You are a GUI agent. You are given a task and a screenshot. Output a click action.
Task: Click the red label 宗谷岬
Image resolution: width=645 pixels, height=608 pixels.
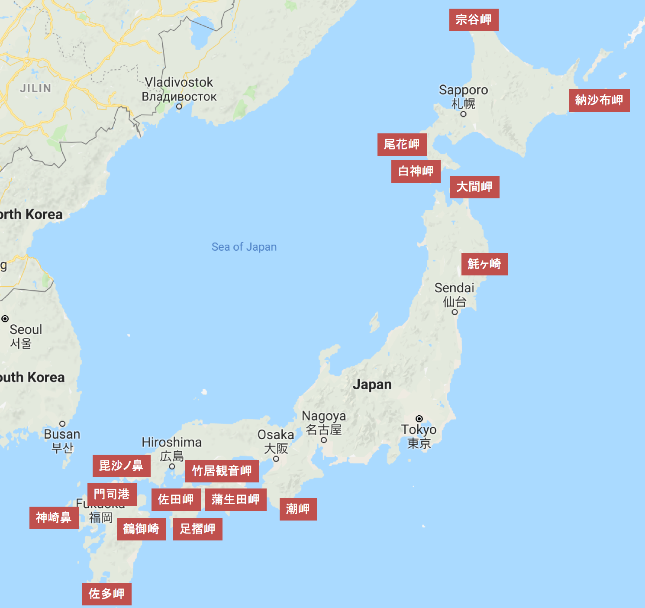point(474,20)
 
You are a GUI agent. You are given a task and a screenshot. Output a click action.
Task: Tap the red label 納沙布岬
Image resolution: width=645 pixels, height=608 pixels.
point(599,100)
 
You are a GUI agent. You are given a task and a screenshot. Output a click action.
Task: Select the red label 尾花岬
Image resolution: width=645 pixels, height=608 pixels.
point(402,145)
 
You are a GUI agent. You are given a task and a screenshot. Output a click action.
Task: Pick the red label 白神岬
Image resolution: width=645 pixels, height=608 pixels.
point(416,171)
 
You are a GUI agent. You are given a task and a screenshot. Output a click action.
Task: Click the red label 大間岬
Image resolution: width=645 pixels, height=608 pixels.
point(474,187)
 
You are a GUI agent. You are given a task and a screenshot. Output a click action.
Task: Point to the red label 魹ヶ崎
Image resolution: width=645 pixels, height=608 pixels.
point(484,264)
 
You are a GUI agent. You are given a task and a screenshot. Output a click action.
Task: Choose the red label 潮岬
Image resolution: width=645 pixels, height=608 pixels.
point(298,509)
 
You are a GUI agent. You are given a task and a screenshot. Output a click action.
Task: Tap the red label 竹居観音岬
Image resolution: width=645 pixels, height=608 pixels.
point(222,471)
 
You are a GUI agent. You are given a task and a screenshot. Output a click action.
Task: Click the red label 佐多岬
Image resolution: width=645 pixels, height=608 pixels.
point(106,594)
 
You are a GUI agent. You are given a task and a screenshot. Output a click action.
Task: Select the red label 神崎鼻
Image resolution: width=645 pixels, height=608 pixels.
point(54,518)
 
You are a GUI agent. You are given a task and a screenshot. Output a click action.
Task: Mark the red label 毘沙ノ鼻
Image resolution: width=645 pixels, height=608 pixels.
point(121,466)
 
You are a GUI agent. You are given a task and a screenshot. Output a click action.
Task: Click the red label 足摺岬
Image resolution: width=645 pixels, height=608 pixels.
point(197,529)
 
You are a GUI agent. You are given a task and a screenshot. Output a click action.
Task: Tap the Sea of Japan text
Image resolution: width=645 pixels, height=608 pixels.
point(244,247)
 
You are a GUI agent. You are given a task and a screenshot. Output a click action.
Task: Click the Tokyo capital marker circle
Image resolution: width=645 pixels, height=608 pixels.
point(419,419)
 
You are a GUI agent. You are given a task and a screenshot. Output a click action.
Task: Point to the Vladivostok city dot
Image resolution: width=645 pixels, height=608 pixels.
point(179,106)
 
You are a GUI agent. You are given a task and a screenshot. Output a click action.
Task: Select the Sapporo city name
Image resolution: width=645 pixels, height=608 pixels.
point(463,90)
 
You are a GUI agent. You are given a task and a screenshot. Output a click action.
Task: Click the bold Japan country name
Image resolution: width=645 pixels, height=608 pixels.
point(372,385)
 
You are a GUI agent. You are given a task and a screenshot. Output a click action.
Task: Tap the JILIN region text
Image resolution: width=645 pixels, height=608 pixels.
point(35,88)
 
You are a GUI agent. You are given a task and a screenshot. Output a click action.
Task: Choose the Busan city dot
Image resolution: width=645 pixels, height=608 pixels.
point(62,424)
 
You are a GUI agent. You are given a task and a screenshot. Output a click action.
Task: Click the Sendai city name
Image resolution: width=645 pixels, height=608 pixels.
point(454,288)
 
